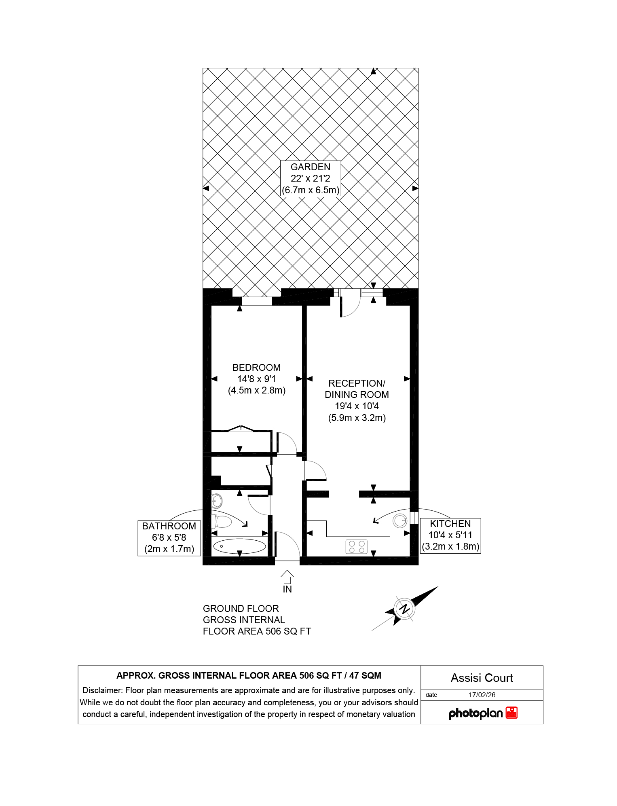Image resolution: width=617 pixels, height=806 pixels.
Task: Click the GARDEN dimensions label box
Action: point(311,178)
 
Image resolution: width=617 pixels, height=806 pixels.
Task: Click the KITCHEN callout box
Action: point(450,535)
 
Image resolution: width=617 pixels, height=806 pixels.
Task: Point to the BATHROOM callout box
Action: point(169,538)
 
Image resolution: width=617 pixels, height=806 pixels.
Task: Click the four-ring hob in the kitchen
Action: point(357,547)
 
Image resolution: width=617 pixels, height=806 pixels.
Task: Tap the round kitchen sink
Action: point(400,520)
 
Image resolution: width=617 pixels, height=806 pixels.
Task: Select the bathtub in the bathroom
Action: point(239,546)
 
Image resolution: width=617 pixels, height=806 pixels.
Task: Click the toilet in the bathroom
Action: point(221,522)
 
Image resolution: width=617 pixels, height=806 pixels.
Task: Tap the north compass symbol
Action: point(404,609)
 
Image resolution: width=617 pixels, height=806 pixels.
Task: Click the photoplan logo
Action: point(483,713)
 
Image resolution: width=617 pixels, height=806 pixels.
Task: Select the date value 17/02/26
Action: point(482,695)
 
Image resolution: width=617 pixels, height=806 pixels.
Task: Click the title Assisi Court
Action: point(482,678)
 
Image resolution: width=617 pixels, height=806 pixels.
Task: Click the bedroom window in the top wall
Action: point(257,301)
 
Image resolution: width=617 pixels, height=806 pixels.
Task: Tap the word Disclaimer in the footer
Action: point(102,690)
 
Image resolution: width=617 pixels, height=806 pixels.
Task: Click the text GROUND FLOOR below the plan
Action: point(241,609)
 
